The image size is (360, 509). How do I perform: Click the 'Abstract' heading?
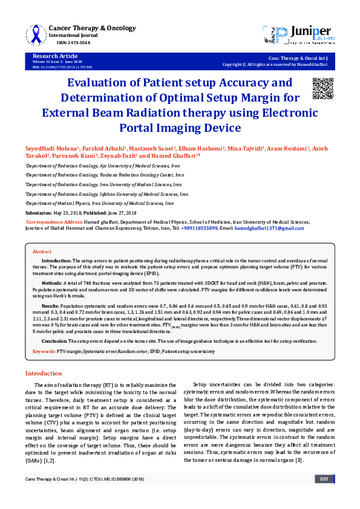42,251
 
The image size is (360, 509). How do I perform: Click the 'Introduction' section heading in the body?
43,374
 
